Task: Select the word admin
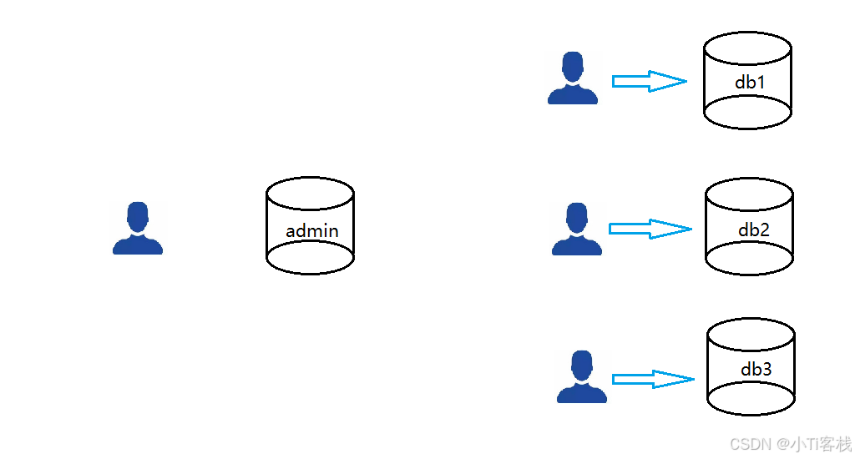(312, 230)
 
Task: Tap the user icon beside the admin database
(138, 228)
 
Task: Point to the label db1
(749, 83)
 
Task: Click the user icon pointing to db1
(572, 78)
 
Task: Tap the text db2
(754, 229)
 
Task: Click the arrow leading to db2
(650, 229)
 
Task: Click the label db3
(756, 369)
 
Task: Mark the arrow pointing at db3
(652, 379)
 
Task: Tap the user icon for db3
(581, 376)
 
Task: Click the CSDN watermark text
(790, 444)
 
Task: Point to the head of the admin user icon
(138, 216)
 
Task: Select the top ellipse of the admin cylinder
(310, 193)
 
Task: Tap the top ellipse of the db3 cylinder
(751, 337)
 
